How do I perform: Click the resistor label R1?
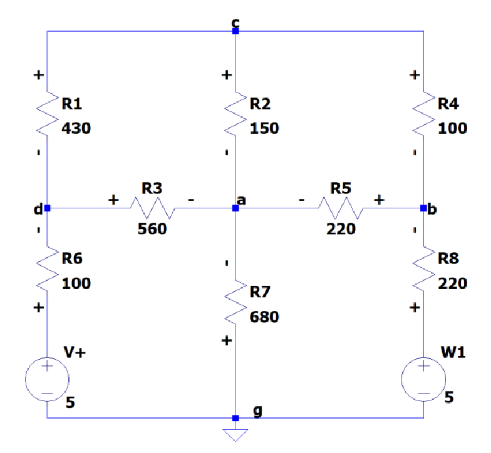pyautogui.click(x=76, y=103)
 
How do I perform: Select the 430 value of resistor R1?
pyautogui.click(x=76, y=128)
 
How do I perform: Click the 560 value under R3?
pyautogui.click(x=152, y=229)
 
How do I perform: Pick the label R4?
pyautogui.click(x=452, y=103)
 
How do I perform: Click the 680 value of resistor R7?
pyautogui.click(x=264, y=317)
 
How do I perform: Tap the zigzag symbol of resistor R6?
pyautogui.click(x=48, y=271)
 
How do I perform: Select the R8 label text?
pyautogui.click(x=452, y=258)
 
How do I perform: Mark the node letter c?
pyautogui.click(x=235, y=23)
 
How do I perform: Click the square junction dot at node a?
pyautogui.click(x=235, y=208)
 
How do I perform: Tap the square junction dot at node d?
pyautogui.click(x=48, y=208)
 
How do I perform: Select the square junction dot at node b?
pyautogui.click(x=423, y=208)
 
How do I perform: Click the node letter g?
pyautogui.click(x=257, y=411)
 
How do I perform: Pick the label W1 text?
pyautogui.click(x=453, y=352)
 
